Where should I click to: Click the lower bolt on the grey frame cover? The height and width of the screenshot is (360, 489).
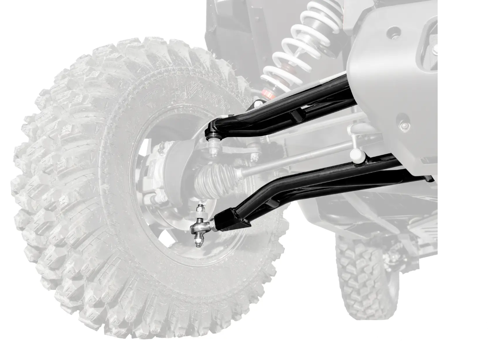404,126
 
